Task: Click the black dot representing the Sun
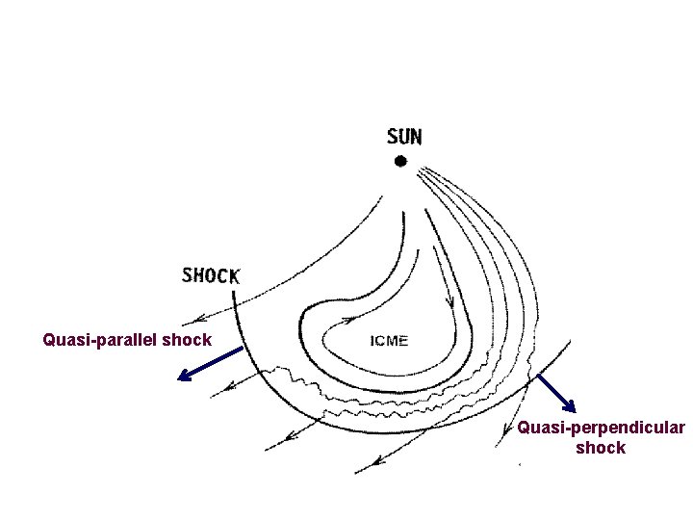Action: point(400,162)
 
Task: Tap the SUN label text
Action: point(404,137)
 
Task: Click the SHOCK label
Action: point(211,275)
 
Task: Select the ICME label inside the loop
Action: point(389,340)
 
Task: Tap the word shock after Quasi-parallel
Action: point(188,340)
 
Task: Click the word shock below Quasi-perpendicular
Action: point(601,448)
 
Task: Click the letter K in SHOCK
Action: point(234,275)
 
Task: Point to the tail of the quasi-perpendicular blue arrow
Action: point(538,375)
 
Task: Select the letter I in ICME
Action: point(372,340)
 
